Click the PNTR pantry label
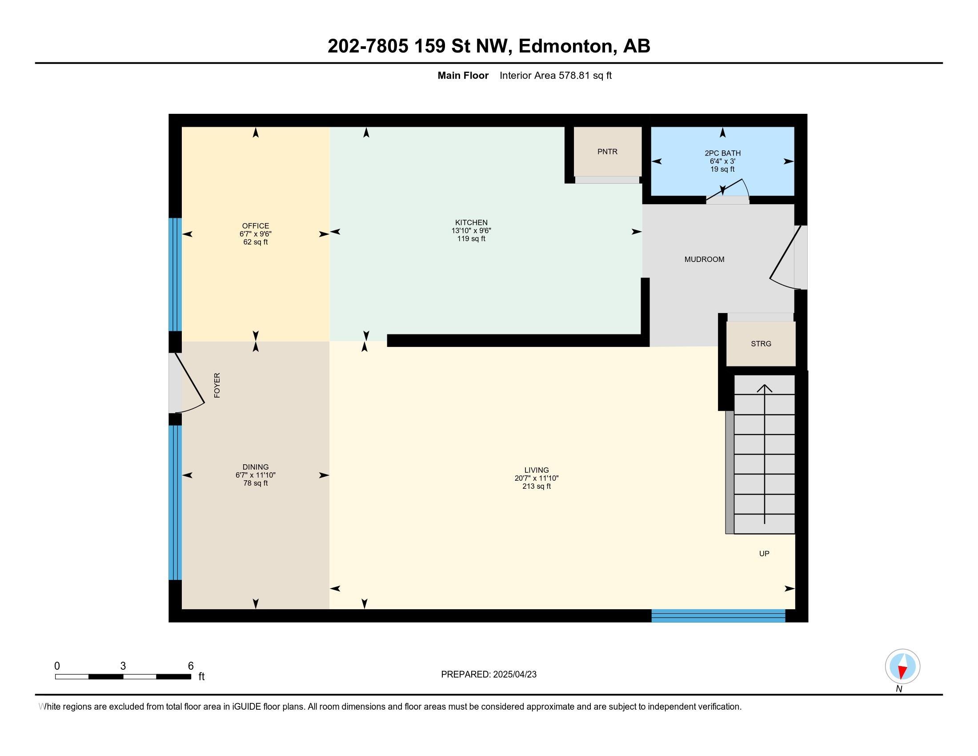(x=607, y=152)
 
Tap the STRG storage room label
(x=761, y=344)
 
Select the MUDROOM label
(x=704, y=259)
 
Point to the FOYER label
(x=217, y=385)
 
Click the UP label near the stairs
(x=764, y=554)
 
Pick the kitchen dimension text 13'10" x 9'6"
(x=471, y=231)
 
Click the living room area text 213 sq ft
(x=537, y=487)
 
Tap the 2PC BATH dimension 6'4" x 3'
(x=722, y=161)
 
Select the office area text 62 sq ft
(x=255, y=242)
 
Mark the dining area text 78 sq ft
(x=255, y=483)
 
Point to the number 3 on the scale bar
(x=123, y=666)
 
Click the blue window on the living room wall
(x=718, y=616)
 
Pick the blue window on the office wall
(x=175, y=274)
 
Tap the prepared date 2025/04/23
(x=514, y=675)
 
